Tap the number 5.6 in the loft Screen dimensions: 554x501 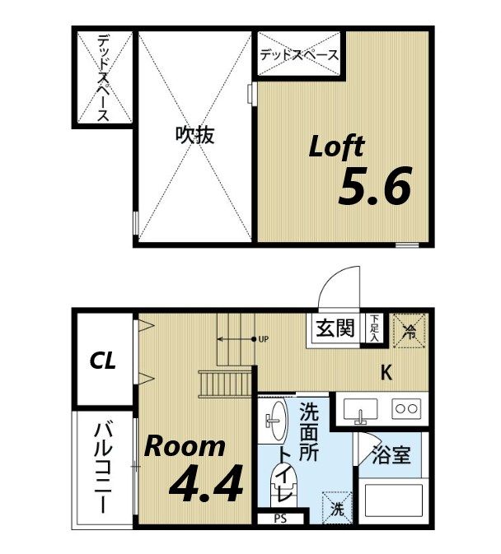click(x=374, y=188)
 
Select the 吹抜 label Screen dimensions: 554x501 click(x=194, y=135)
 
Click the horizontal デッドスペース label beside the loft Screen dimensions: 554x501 click(x=298, y=56)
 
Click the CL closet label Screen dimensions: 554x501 click(x=103, y=361)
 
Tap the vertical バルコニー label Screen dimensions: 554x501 click(x=103, y=467)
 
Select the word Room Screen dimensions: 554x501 click(x=185, y=447)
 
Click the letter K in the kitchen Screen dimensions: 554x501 click(x=386, y=373)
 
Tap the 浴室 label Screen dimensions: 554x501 click(x=391, y=455)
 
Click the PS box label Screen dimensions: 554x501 click(x=281, y=519)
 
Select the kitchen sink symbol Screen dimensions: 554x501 click(x=360, y=408)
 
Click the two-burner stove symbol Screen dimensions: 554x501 click(x=406, y=407)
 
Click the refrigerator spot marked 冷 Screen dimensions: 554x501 click(x=409, y=331)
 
